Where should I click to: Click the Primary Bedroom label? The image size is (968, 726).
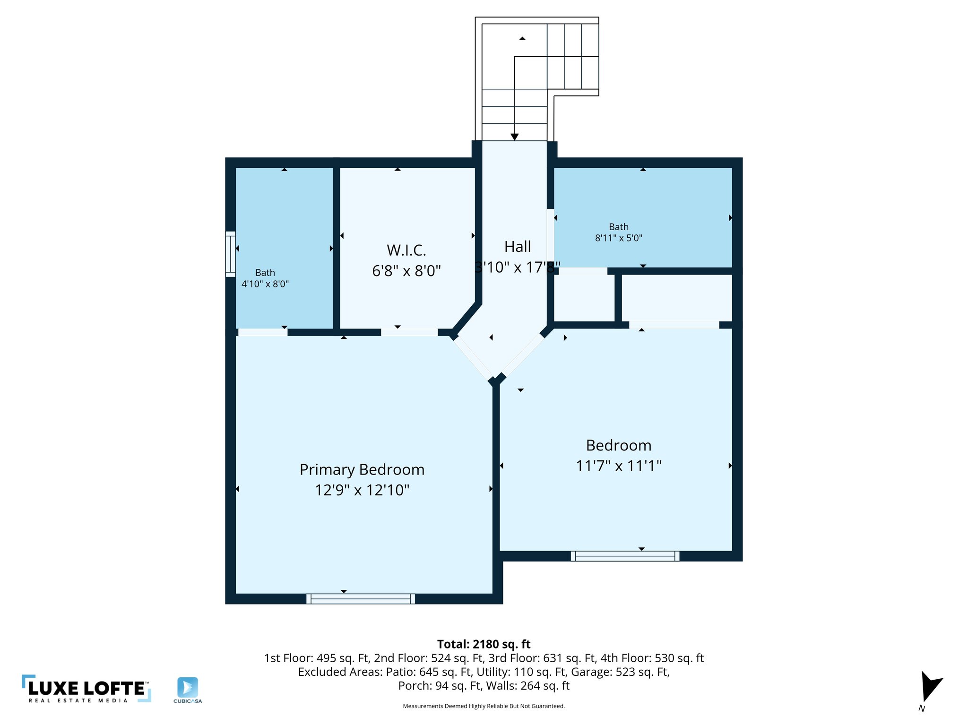[x=362, y=470]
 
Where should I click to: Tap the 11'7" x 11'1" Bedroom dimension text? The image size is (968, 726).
[x=618, y=466]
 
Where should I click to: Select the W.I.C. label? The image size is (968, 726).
[x=406, y=250]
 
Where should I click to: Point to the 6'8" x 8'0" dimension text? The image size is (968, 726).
[x=406, y=271]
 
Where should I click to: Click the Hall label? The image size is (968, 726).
[x=518, y=247]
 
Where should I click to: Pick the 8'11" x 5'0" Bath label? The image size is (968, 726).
[x=618, y=233]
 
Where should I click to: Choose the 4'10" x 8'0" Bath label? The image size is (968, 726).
[x=265, y=278]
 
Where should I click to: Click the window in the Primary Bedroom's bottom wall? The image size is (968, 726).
[x=361, y=599]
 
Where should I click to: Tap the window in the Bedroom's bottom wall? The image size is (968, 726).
[x=625, y=556]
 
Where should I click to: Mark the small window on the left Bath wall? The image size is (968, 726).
[x=230, y=254]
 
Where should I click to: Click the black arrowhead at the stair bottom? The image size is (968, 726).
[x=515, y=137]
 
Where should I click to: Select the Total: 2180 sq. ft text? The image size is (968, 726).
[x=484, y=644]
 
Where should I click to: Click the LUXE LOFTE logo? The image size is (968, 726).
[x=86, y=689]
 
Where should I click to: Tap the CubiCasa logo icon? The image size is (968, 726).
[x=188, y=687]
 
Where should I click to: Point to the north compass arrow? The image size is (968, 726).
[x=930, y=687]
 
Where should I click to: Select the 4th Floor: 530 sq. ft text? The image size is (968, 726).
[x=652, y=658]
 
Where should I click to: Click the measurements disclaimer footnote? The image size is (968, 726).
[x=484, y=706]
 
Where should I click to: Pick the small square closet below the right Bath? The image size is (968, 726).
[x=584, y=298]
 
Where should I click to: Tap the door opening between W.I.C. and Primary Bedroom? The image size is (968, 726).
[x=409, y=332]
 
